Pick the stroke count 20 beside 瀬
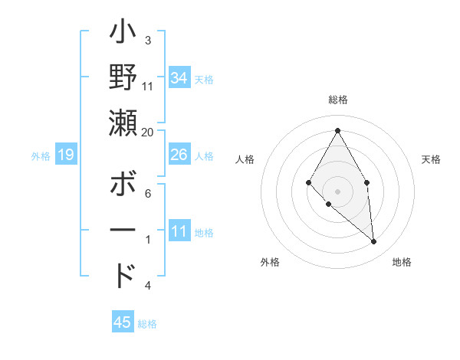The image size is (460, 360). [148, 133]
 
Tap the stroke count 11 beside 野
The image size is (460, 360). [148, 87]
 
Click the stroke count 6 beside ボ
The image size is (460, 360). [148, 195]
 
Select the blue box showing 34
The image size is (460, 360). [179, 77]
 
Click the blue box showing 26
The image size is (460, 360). [179, 155]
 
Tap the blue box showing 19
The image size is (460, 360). [66, 155]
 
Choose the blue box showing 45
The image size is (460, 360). [123, 322]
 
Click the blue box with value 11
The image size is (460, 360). [179, 231]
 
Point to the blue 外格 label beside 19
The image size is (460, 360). [41, 156]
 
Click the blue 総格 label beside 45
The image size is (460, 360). [147, 324]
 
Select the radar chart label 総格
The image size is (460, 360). [337, 100]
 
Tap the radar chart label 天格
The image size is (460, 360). [431, 159]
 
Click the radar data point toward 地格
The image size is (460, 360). [373, 241]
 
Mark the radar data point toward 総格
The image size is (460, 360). [337, 129]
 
